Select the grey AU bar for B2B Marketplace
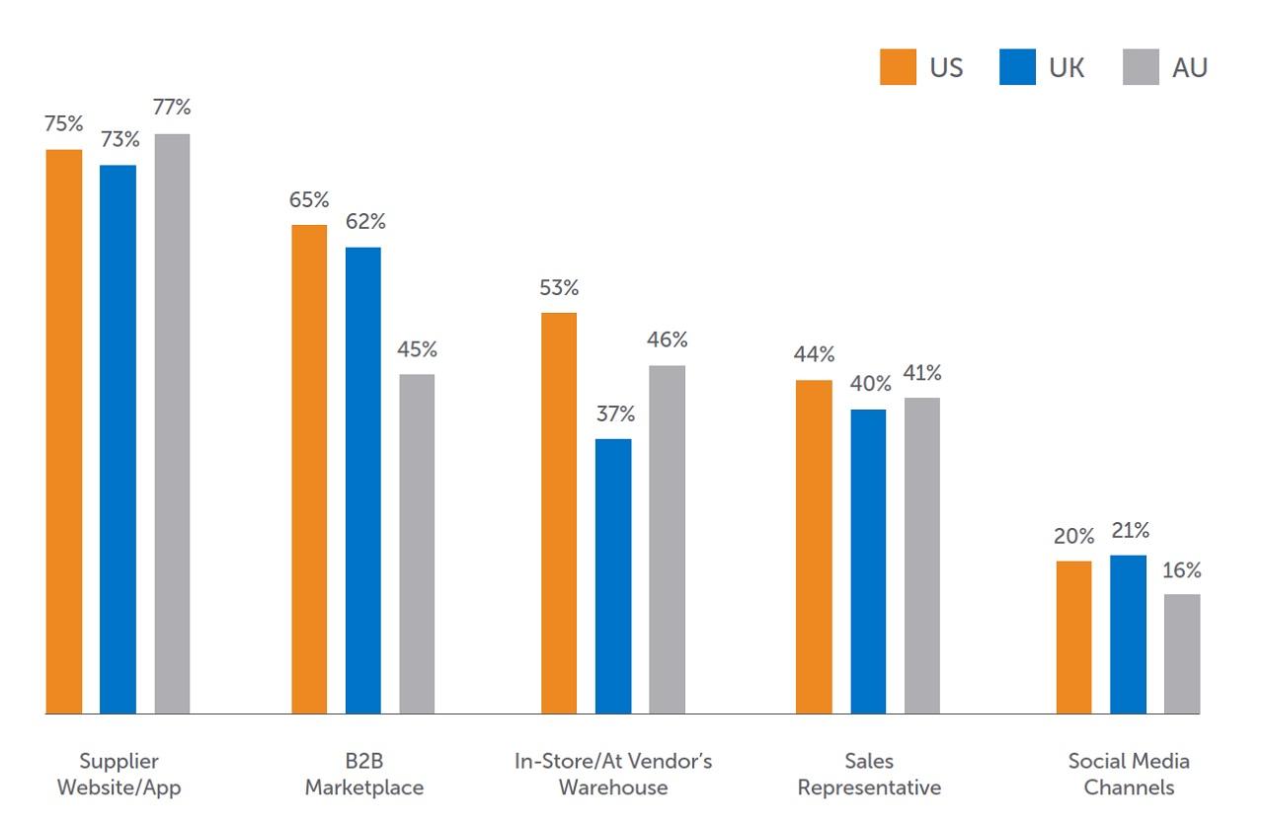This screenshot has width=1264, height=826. [x=417, y=544]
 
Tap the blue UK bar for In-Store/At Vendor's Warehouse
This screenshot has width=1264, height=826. [x=613, y=576]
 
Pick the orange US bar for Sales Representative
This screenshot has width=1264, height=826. [x=814, y=547]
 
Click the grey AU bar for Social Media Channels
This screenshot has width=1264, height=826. [x=1182, y=653]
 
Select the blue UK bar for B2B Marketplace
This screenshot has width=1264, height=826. [x=362, y=481]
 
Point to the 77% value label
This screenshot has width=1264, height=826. [x=172, y=108]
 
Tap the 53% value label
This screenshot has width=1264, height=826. [x=559, y=288]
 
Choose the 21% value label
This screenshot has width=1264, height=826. [x=1130, y=531]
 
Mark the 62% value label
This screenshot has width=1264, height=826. [x=365, y=222]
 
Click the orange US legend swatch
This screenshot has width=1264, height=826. [x=898, y=68]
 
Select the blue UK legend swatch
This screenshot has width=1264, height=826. [x=1017, y=68]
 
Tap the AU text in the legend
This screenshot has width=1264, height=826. [x=1190, y=68]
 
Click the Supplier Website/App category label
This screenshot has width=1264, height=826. [x=118, y=775]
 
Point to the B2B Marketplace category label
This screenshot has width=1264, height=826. [x=363, y=775]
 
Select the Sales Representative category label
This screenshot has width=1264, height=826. [x=869, y=775]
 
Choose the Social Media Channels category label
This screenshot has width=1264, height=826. [x=1129, y=775]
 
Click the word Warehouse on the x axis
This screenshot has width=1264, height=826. [x=613, y=788]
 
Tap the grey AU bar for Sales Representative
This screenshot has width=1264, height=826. [x=921, y=556]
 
